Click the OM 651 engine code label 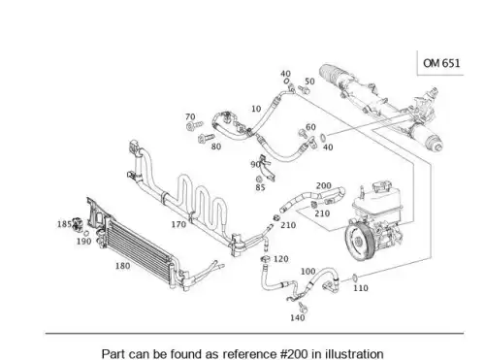point(441,63)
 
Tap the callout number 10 point(256,109)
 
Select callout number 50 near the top point(309,82)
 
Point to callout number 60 point(310,127)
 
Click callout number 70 point(190,116)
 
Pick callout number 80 point(216,147)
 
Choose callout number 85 point(260,187)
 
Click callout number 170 point(178,224)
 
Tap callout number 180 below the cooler point(123,266)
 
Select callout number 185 point(64,224)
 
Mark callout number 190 point(84,241)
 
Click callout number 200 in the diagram point(324,185)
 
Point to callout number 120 point(281,259)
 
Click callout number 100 point(308,271)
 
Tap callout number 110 point(361,287)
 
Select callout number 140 point(298,317)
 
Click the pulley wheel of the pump point(358,241)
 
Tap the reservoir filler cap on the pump point(382,187)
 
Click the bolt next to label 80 point(206,139)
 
